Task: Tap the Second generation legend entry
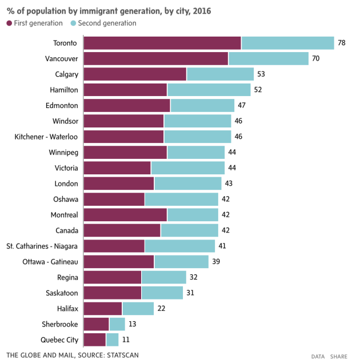click(x=103, y=23)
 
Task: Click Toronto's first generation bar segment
click(x=162, y=43)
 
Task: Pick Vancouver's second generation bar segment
click(x=268, y=58)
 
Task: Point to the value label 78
click(x=342, y=43)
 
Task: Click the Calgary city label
click(x=66, y=74)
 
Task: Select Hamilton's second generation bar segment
click(x=209, y=90)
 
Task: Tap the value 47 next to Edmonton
click(x=242, y=105)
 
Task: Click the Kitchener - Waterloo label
click(x=46, y=137)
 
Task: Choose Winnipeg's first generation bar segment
click(x=125, y=152)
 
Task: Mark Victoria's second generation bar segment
click(x=187, y=167)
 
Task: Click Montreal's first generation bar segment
click(x=125, y=214)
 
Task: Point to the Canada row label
click(x=66, y=230)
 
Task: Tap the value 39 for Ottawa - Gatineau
click(x=216, y=261)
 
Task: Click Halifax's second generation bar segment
click(x=138, y=308)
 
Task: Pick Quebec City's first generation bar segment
click(x=95, y=340)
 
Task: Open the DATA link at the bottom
click(x=318, y=356)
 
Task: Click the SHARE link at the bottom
click(x=338, y=356)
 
